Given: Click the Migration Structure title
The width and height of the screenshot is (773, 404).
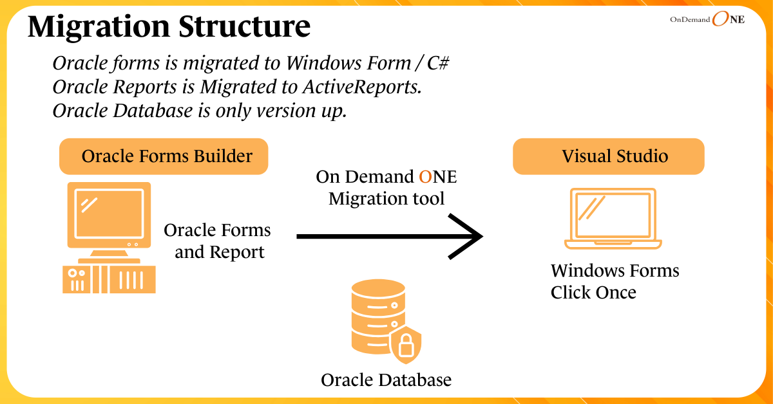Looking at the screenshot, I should [169, 27].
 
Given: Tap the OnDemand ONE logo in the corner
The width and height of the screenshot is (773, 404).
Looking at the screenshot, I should [707, 20].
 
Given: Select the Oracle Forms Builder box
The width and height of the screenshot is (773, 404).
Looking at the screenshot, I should [164, 156].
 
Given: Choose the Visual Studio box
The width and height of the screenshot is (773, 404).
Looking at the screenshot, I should [608, 156].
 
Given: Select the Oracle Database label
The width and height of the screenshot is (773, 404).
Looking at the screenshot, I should [386, 380].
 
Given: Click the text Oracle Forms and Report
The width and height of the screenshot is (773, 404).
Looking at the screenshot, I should [218, 241].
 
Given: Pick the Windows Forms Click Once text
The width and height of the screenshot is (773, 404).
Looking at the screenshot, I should [615, 282].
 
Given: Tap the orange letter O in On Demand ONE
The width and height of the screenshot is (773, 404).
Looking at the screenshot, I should [425, 177].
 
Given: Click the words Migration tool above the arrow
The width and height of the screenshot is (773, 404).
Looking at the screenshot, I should [386, 199].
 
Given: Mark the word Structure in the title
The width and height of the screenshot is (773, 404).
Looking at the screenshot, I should [241, 27].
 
